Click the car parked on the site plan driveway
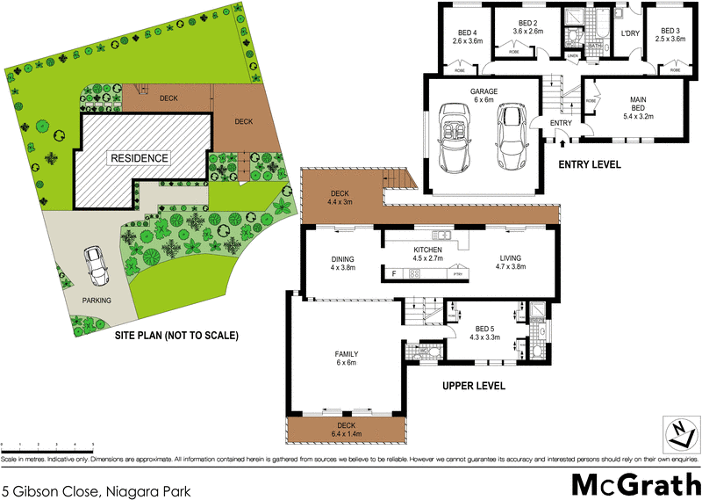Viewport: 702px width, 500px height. tap(96, 266)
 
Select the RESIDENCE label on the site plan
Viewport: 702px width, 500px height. tap(138, 158)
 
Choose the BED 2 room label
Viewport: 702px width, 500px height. tap(528, 26)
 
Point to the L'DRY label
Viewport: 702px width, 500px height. tap(629, 34)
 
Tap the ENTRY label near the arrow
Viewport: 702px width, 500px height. tap(561, 123)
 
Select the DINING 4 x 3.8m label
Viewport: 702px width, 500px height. tap(341, 263)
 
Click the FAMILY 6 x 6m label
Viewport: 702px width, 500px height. tap(347, 359)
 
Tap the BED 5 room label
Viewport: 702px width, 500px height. tap(485, 331)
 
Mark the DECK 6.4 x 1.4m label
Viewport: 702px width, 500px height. tap(346, 428)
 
